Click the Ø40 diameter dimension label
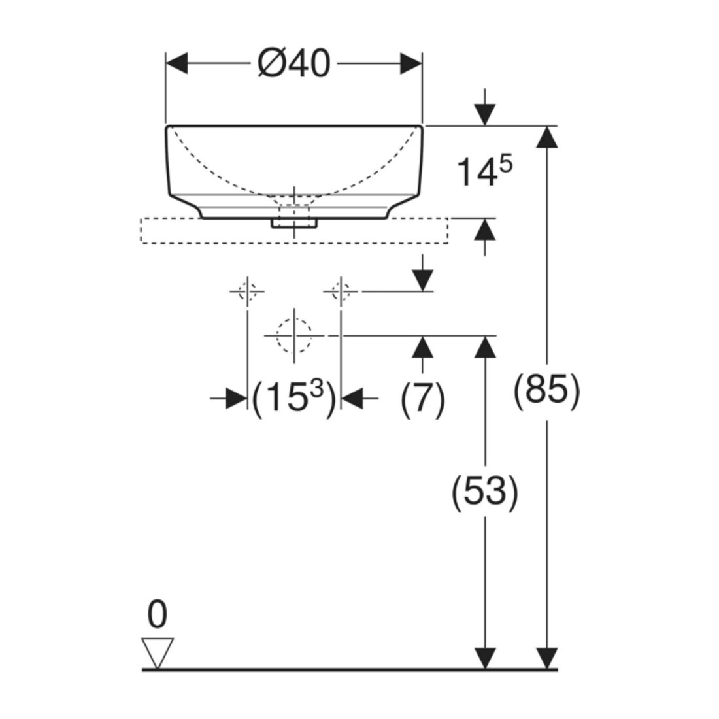293,64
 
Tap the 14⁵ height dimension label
485,171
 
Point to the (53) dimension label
485,493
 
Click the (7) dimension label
423,399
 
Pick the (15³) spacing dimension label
294,398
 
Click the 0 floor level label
158,615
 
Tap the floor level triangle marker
158,653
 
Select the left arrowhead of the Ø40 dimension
176,63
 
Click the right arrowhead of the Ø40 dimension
411,63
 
